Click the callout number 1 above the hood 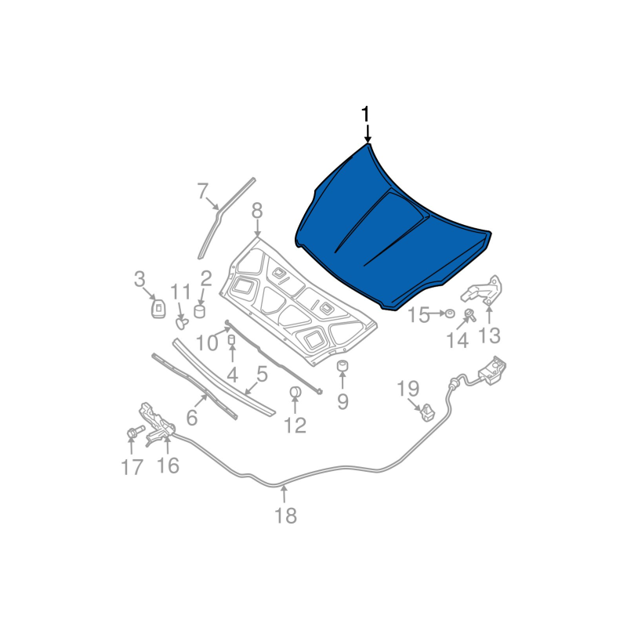pyautogui.click(x=365, y=114)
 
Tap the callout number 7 pyautogui.click(x=202, y=191)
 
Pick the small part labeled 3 pyautogui.click(x=158, y=307)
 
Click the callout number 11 pyautogui.click(x=181, y=291)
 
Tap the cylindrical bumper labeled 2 pyautogui.click(x=200, y=312)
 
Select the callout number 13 pyautogui.click(x=489, y=335)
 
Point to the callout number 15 pyautogui.click(x=419, y=315)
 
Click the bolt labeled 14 pyautogui.click(x=469, y=316)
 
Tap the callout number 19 pyautogui.click(x=408, y=388)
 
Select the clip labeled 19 pyautogui.click(x=426, y=410)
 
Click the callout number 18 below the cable pyautogui.click(x=285, y=515)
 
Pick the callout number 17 pyautogui.click(x=132, y=467)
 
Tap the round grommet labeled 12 pyautogui.click(x=295, y=392)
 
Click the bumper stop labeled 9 pyautogui.click(x=342, y=367)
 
